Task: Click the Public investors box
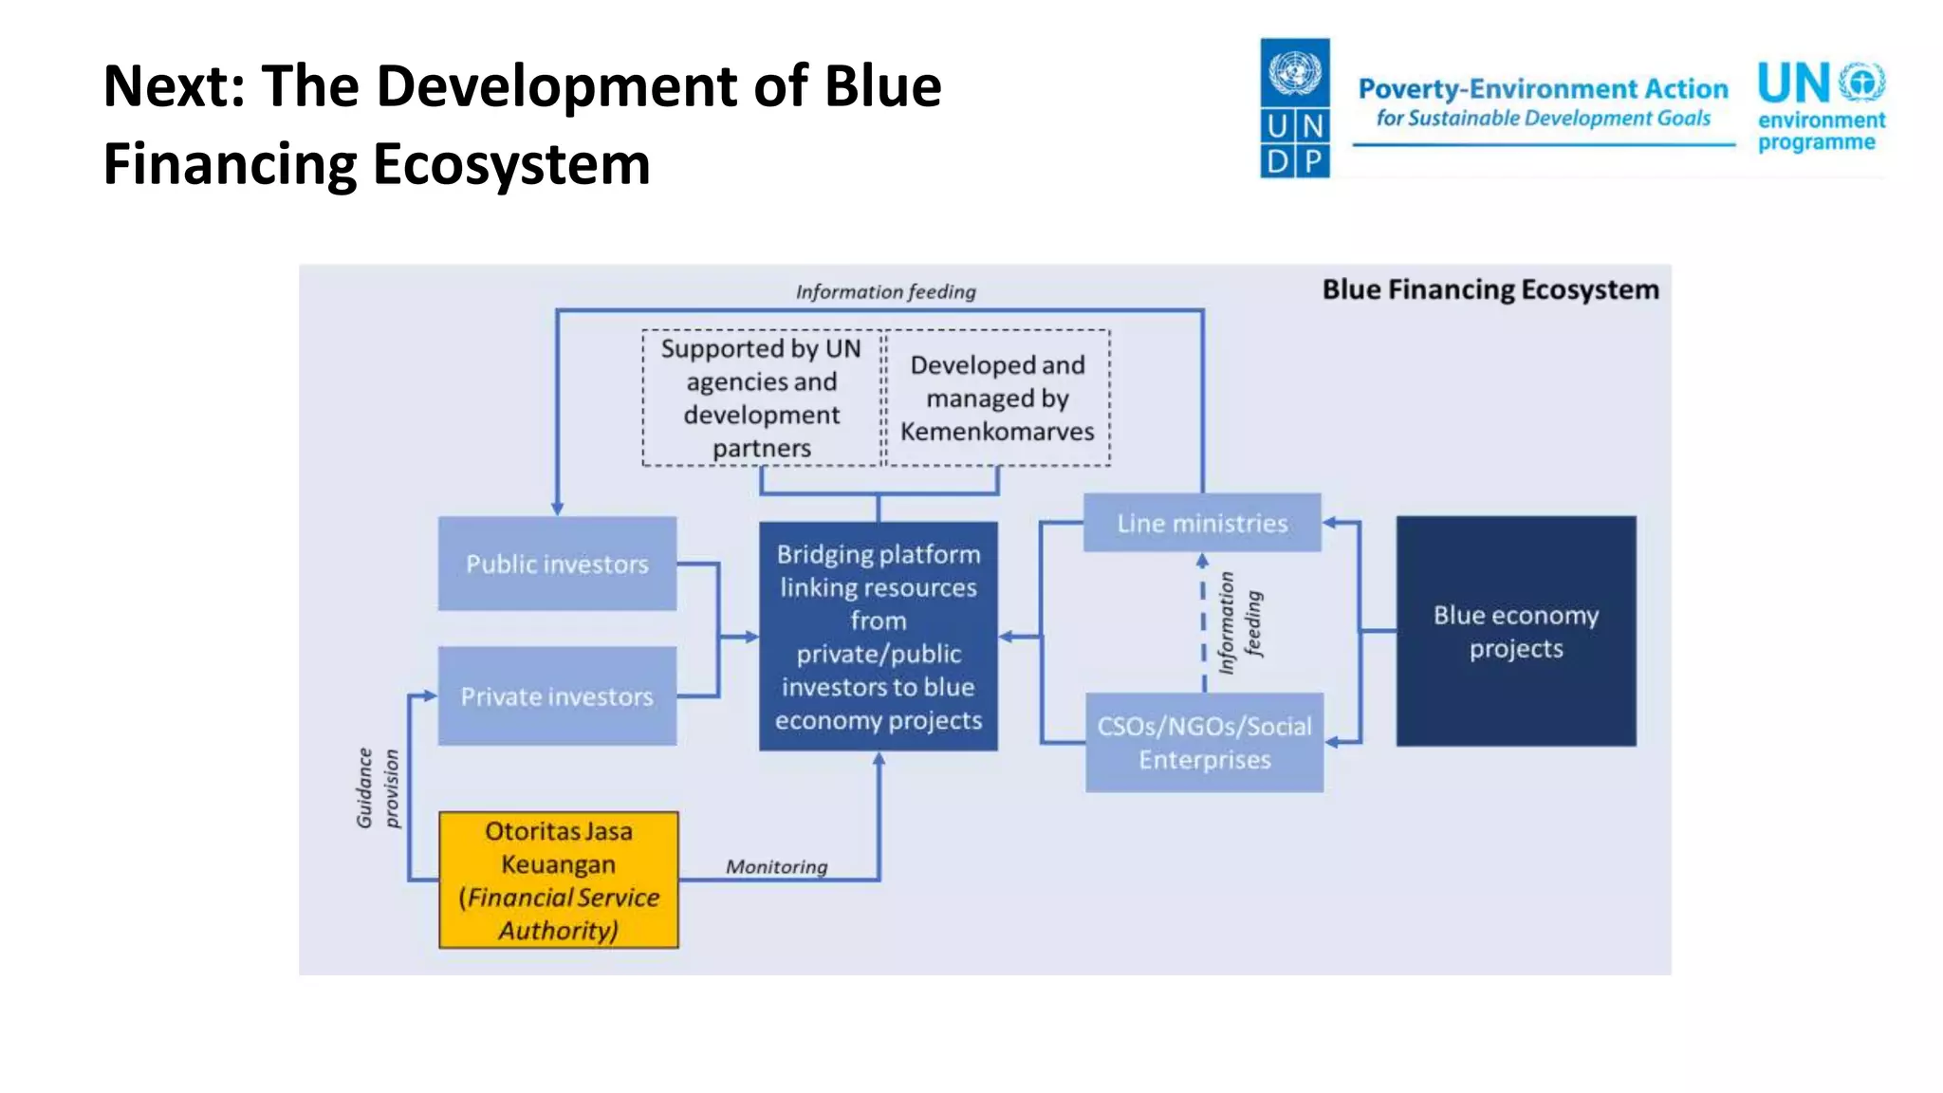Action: pyautogui.click(x=557, y=564)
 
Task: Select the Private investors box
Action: pyautogui.click(x=557, y=696)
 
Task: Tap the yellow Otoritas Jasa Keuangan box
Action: pyautogui.click(x=559, y=880)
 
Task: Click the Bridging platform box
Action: pyautogui.click(x=879, y=637)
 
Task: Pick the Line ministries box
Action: pyautogui.click(x=1202, y=523)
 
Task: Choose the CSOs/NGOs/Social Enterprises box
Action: pyautogui.click(x=1204, y=743)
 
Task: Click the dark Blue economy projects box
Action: pyautogui.click(x=1515, y=632)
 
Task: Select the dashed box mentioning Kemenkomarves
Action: pyautogui.click(x=997, y=398)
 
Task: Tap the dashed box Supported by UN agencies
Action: pyautogui.click(x=762, y=398)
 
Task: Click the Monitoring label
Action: pyautogui.click(x=776, y=866)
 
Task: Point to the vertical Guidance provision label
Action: pyautogui.click(x=378, y=787)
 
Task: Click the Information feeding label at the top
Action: pyautogui.click(x=885, y=292)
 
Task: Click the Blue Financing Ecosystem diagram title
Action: pyautogui.click(x=1490, y=289)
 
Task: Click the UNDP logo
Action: pyautogui.click(x=1294, y=108)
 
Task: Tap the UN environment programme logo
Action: pyautogui.click(x=1821, y=106)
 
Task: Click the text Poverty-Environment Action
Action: pyautogui.click(x=1543, y=89)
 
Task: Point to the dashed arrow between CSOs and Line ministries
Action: pyautogui.click(x=1203, y=621)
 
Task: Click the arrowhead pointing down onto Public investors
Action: pyautogui.click(x=557, y=509)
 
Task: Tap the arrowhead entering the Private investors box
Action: pyautogui.click(x=431, y=695)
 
